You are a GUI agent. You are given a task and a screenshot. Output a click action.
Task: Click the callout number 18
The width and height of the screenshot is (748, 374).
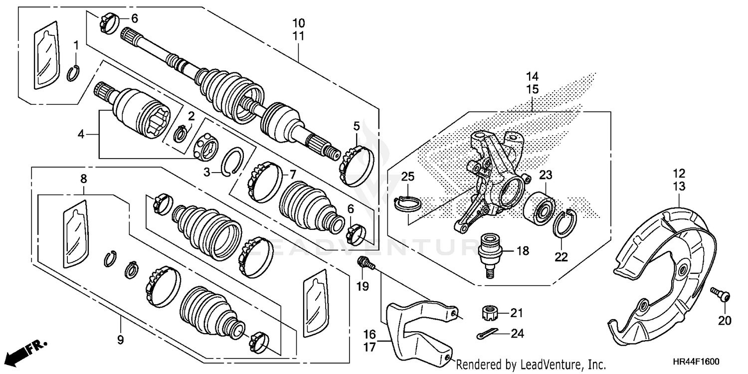coord(522,251)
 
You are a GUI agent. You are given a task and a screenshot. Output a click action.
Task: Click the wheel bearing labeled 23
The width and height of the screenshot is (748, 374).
coord(540,206)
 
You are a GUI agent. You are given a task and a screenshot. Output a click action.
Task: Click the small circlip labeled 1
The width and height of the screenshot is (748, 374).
coord(73,73)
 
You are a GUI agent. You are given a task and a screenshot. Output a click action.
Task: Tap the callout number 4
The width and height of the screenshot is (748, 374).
coord(81,134)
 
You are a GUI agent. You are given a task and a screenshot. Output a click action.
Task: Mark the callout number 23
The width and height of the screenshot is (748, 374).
coord(546,175)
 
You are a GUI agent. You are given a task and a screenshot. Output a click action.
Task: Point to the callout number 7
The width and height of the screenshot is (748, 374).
coord(293,174)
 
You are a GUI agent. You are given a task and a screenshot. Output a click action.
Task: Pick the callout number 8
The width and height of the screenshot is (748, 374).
coord(83,178)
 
